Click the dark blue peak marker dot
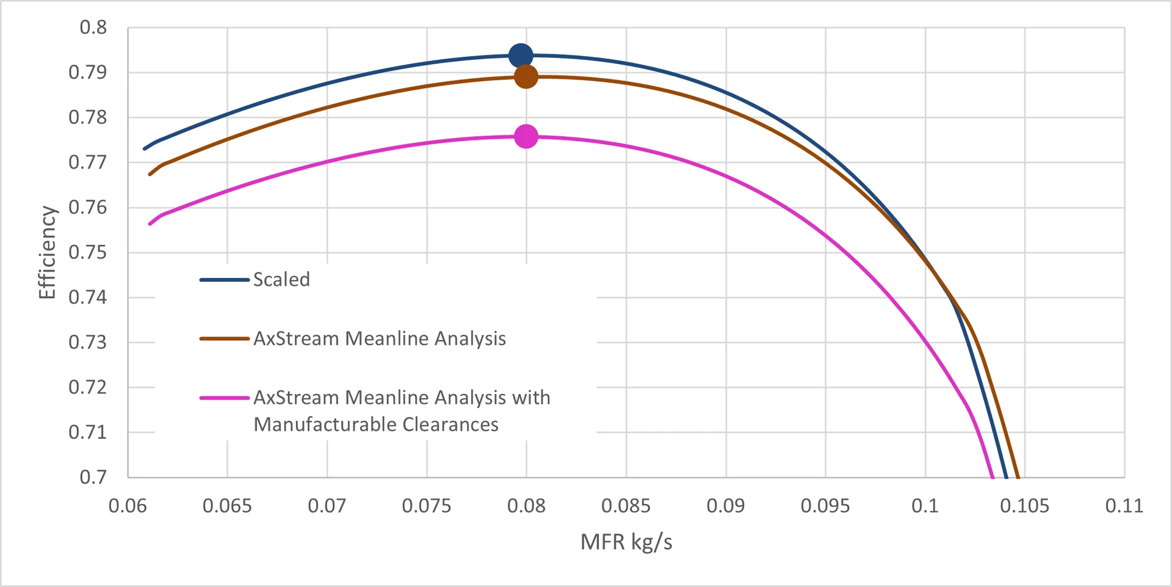tap(520, 56)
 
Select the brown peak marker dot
tap(526, 76)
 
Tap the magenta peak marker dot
tap(526, 136)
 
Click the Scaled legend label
tap(281, 280)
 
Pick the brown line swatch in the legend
tap(224, 338)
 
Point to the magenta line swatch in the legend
tap(224, 398)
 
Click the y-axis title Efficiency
tap(47, 252)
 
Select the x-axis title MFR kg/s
tap(626, 542)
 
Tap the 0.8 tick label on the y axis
tap(93, 27)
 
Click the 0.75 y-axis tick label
tap(87, 252)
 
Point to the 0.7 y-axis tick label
tap(93, 477)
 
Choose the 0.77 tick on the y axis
tap(87, 162)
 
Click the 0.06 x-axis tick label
tap(128, 506)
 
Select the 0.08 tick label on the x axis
tap(526, 506)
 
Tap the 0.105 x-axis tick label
tap(1024, 506)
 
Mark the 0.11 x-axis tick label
tap(1124, 506)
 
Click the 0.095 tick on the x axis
tap(825, 506)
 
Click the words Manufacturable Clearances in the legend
tap(376, 425)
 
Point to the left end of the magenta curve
tap(150, 224)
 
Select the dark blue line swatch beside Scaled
tap(224, 280)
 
